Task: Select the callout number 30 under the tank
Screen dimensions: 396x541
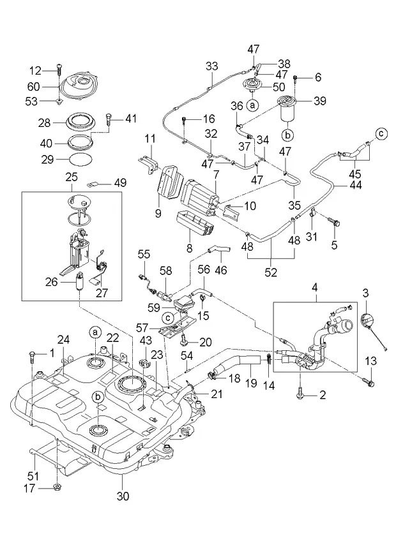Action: coord(123,496)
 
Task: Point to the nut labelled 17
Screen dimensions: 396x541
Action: coord(56,487)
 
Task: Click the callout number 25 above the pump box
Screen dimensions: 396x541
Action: coord(72,178)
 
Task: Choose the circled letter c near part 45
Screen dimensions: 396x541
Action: coord(381,134)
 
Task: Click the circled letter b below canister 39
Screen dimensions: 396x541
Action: coord(288,135)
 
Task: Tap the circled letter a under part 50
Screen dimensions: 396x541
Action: coord(252,105)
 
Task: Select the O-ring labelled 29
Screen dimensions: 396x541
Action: coord(82,159)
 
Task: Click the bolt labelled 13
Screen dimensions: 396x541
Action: coord(369,382)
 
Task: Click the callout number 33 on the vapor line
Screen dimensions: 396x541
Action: coord(212,66)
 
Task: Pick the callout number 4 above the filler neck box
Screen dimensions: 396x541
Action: coord(314,287)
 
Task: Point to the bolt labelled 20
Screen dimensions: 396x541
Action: coord(184,341)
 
